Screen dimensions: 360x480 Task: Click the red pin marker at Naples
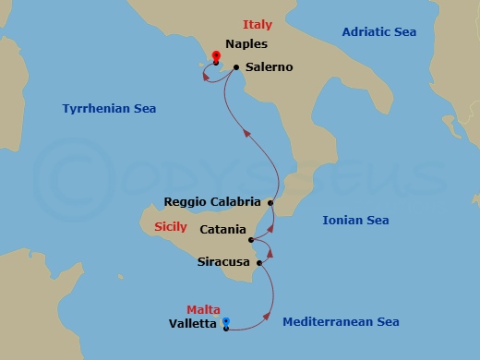pos(216,56)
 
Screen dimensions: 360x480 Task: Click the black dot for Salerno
pos(237,67)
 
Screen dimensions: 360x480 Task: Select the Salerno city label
pos(270,67)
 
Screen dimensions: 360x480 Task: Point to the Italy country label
pos(258,24)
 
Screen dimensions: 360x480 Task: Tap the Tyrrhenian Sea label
pos(109,108)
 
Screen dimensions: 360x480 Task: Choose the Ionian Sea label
pos(355,221)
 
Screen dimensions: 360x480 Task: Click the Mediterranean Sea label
pos(341,322)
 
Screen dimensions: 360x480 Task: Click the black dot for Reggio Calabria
pos(270,202)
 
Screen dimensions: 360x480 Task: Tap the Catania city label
pos(222,229)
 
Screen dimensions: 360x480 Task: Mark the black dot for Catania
pos(252,240)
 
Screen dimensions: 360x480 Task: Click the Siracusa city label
pos(225,262)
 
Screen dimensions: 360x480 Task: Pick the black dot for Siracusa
pos(260,263)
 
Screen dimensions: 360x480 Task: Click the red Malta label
pos(203,310)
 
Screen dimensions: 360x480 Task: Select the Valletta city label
pos(193,324)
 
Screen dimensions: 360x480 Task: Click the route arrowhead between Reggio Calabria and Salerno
pos(246,133)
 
